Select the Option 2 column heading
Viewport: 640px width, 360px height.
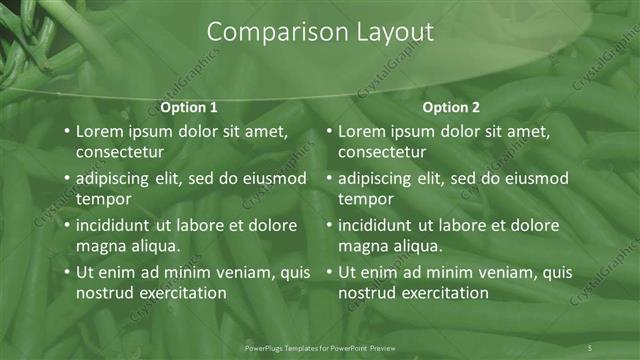point(451,107)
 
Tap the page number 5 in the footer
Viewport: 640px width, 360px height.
point(590,347)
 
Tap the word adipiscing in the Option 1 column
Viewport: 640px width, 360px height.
point(116,179)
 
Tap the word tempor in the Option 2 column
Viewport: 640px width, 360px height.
point(365,199)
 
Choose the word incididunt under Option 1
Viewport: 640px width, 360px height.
point(117,225)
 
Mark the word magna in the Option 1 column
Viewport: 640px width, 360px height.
point(98,246)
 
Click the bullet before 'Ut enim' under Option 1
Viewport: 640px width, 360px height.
point(66,272)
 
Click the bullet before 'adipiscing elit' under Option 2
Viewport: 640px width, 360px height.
point(329,179)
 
